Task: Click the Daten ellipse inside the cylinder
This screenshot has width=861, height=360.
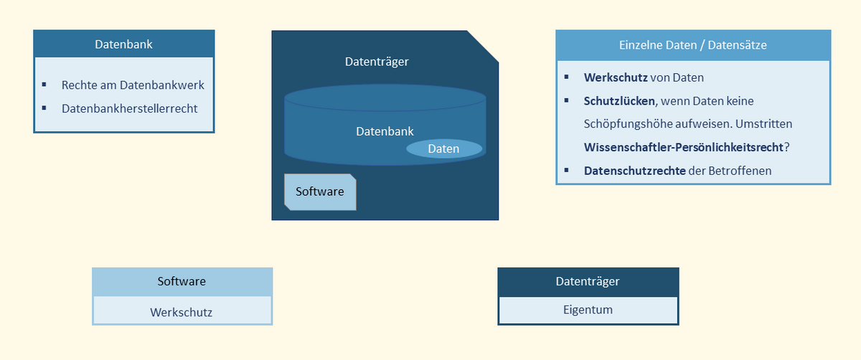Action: (443, 148)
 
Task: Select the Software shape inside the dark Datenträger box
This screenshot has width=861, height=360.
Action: (320, 191)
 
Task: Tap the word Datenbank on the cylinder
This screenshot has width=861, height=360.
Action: (385, 132)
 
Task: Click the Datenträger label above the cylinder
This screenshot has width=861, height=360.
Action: (377, 62)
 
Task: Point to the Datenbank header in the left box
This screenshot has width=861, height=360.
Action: (123, 44)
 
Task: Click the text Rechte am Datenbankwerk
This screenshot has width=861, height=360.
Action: (133, 85)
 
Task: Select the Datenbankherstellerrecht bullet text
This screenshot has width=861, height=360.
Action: (129, 108)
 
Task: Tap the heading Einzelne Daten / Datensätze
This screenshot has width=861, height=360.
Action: (692, 44)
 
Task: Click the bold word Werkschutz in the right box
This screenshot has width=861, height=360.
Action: (616, 77)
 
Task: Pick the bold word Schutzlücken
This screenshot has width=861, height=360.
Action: (619, 101)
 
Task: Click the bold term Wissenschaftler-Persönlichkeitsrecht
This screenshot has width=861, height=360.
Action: (683, 147)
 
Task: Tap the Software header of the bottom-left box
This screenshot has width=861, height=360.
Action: (182, 281)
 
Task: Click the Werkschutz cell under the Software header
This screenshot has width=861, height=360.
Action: (182, 312)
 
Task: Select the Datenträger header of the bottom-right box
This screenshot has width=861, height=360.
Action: (588, 281)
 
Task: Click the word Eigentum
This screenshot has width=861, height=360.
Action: (588, 310)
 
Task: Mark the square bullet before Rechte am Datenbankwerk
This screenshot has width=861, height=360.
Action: (44, 85)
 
